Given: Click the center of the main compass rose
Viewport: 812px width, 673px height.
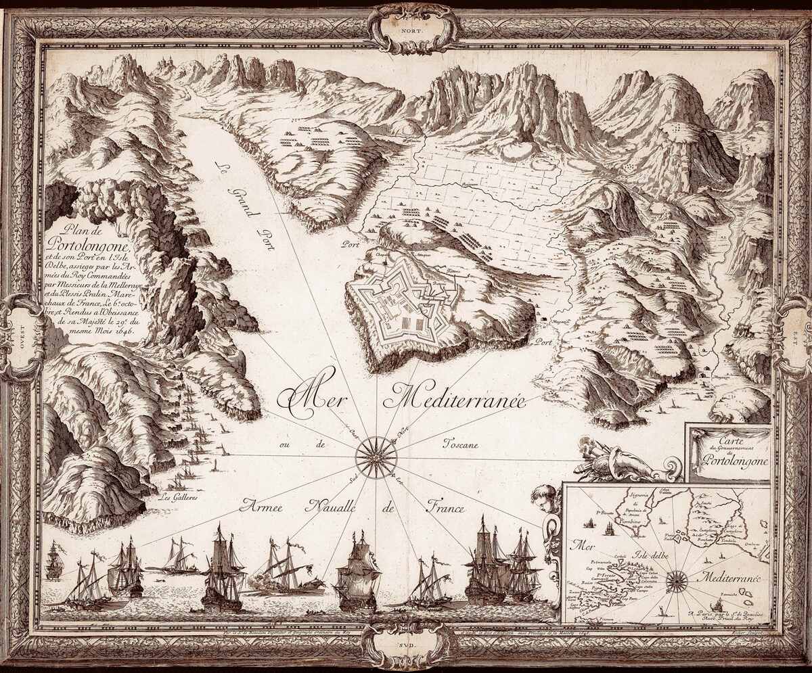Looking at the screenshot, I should click(376, 457).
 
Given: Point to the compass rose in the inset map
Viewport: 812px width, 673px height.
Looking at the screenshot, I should click(676, 580).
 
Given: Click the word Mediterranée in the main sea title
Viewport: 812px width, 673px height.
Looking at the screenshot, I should click(454, 398).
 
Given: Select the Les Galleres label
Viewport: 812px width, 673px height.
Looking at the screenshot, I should click(177, 498).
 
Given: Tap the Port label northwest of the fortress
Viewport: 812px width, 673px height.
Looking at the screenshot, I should click(351, 245).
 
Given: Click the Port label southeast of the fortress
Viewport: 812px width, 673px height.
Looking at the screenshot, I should click(543, 343).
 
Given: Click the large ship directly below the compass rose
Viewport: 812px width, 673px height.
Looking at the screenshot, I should click(357, 575).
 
